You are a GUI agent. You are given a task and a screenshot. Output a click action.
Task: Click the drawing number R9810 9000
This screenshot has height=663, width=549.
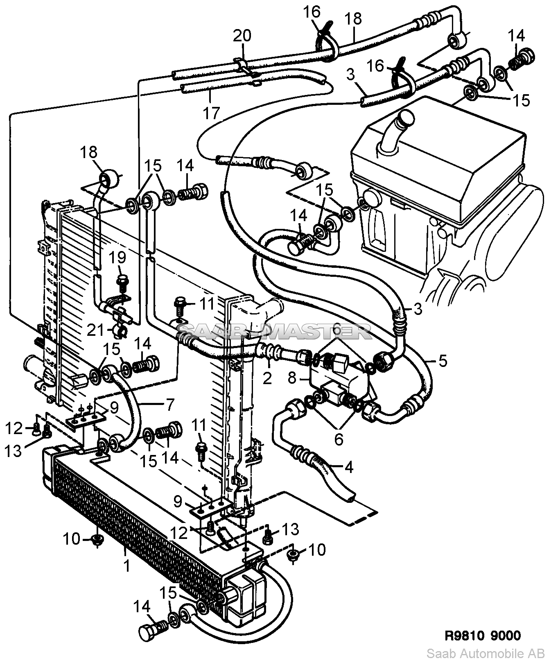coord(483,635)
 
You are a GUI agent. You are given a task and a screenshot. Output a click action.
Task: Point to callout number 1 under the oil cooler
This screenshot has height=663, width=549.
coord(127,566)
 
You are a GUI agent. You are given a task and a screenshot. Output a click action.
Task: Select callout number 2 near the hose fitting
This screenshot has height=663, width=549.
coord(267,379)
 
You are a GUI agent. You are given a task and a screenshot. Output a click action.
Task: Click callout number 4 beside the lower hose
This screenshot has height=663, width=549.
coord(348,467)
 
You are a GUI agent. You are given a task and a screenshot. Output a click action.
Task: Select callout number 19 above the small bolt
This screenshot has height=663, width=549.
coord(119,258)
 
